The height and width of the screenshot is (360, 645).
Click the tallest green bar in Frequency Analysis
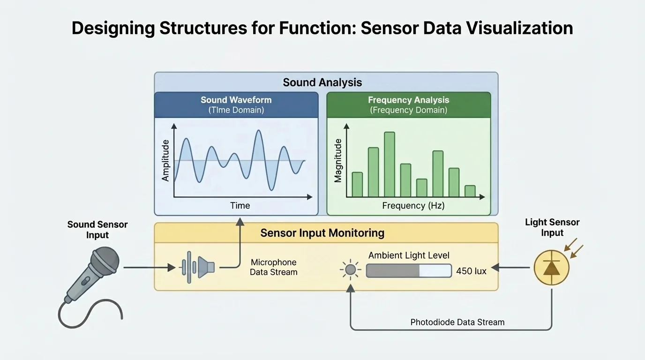(389, 164)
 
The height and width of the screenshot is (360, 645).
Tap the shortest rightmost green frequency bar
(470, 191)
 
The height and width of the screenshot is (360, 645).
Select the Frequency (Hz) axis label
(413, 205)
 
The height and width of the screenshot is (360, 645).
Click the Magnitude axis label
(338, 161)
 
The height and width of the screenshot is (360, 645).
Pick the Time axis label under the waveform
(240, 205)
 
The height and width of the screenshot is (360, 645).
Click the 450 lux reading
(471, 271)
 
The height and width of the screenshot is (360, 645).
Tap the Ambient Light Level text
(409, 255)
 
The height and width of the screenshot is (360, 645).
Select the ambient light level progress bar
(408, 271)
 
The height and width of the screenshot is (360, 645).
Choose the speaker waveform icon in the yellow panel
(198, 267)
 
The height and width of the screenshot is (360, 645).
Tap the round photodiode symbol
(551, 268)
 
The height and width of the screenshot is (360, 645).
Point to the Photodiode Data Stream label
(457, 322)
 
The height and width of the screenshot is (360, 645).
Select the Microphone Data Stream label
(274, 267)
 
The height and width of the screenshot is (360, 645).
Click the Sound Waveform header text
(236, 100)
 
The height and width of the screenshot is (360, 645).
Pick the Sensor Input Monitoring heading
(322, 233)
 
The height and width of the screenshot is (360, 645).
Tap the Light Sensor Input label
(552, 227)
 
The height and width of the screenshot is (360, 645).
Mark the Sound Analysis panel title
(322, 82)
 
